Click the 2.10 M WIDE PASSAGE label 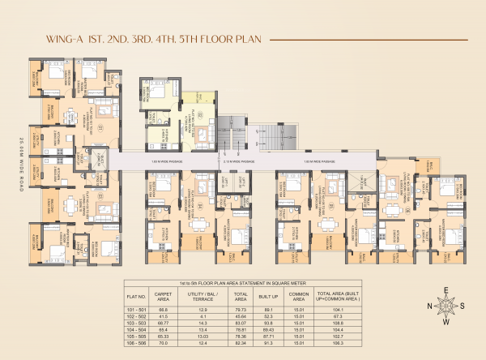pos(238,162)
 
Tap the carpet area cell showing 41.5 pos(164,315)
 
